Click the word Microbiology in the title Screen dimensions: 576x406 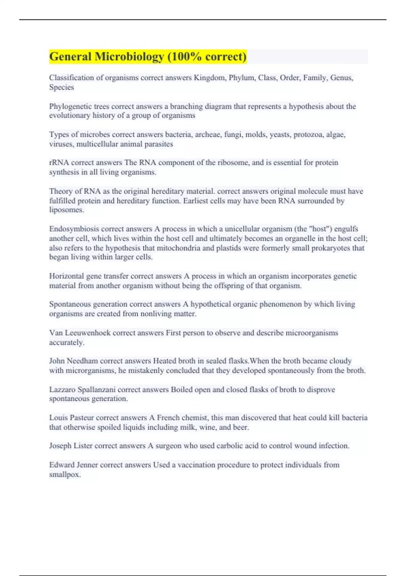pyautogui.click(x=129, y=57)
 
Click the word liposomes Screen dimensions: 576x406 pyautogui.click(x=66, y=210)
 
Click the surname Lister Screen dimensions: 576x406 pyautogui.click(x=83, y=446)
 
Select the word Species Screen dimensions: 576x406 pyautogui.click(x=61, y=87)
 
